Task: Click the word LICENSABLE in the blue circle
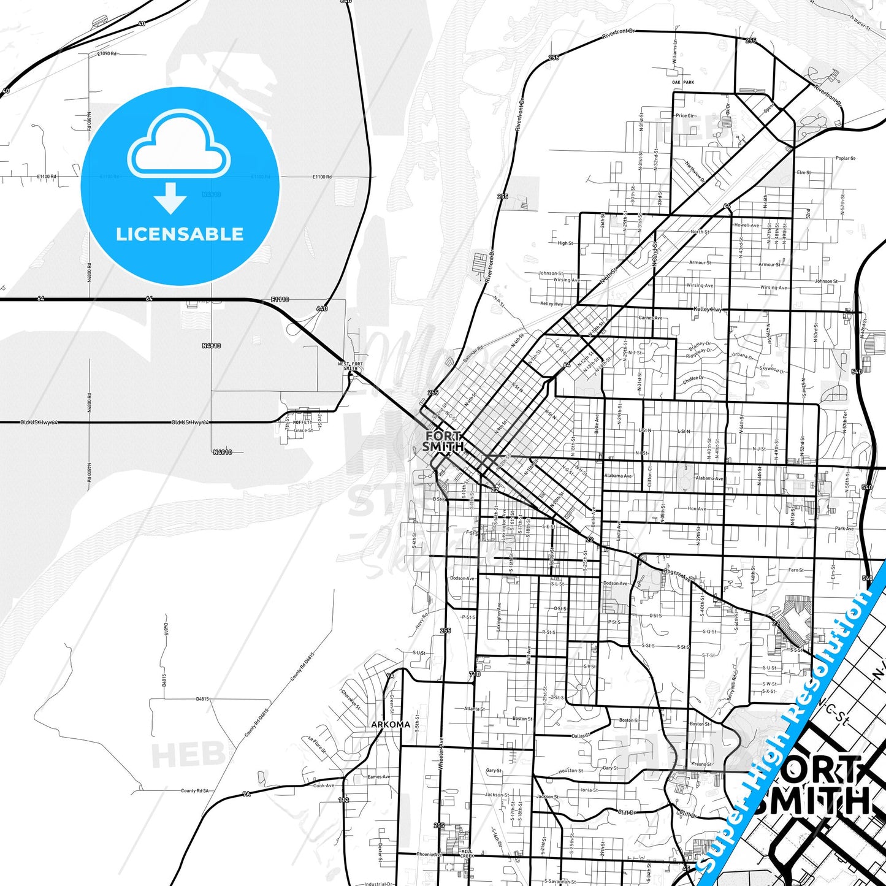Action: coord(180,234)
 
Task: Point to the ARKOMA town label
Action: coord(391,724)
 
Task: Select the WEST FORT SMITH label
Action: coord(351,366)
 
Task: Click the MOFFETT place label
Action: coord(302,422)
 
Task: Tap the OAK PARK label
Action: coord(683,82)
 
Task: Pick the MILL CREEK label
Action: coord(467,854)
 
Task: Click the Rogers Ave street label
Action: coord(676,574)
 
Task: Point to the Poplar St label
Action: coord(845,158)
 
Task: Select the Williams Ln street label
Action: coord(675,53)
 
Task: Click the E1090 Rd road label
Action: coord(107,54)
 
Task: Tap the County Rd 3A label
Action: coord(194,791)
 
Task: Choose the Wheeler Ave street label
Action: coord(440,754)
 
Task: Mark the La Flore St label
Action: coord(316,746)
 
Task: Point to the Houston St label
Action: coord(571,771)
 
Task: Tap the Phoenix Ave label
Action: coord(429,854)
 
